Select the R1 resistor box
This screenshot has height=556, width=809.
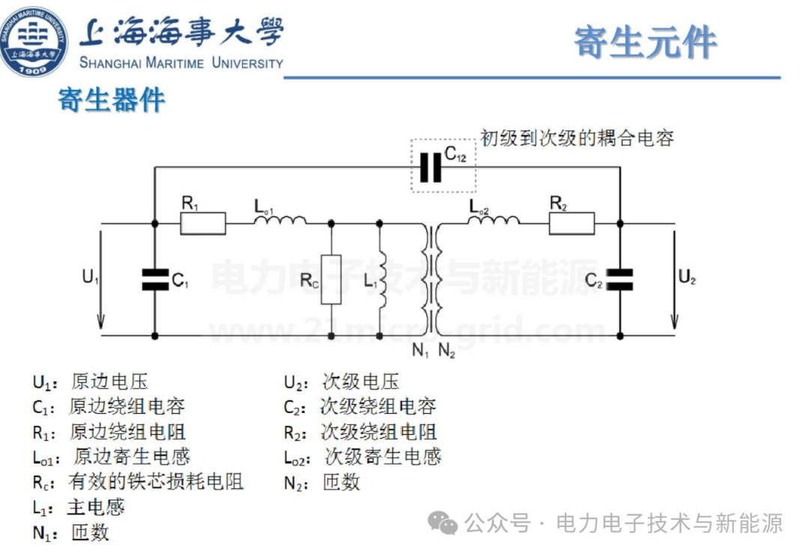click(x=203, y=223)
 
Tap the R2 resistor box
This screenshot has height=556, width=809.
click(x=572, y=223)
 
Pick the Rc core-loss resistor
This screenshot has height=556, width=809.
click(x=330, y=279)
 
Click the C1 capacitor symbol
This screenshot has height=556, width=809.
click(x=154, y=279)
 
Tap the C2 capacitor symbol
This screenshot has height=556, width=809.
click(x=620, y=279)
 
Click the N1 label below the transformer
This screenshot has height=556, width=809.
click(x=420, y=349)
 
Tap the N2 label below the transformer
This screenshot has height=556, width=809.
click(x=446, y=349)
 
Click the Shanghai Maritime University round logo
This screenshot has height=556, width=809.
click(x=34, y=40)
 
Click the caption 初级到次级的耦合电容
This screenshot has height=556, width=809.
click(x=577, y=138)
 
